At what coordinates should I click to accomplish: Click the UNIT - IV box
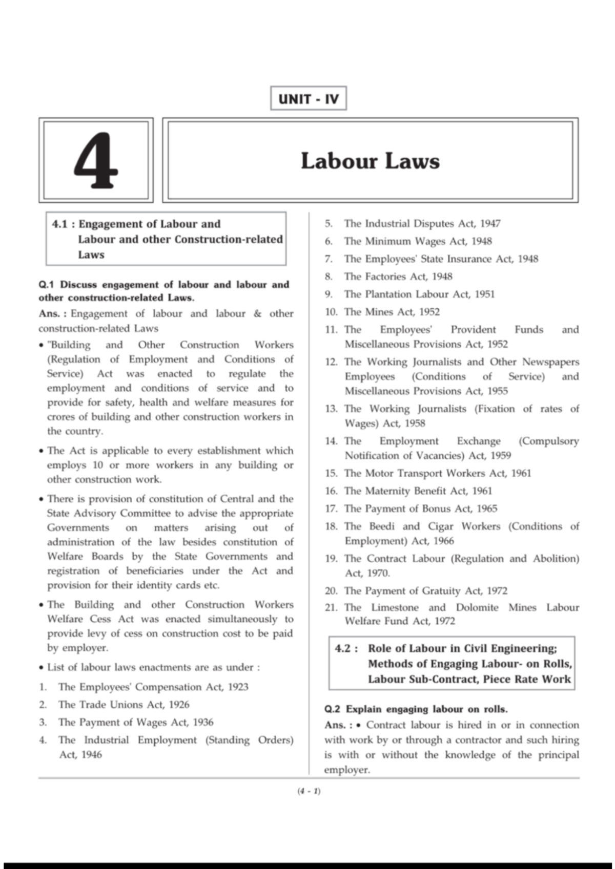[308, 98]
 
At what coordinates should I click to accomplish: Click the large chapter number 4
[96, 161]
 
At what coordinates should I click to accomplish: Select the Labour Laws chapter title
[370, 161]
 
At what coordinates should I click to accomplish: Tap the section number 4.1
[60, 224]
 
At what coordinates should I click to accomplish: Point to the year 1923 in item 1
[238, 687]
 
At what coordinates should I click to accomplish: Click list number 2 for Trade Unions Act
[43, 705]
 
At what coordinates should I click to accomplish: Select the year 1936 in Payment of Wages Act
[203, 723]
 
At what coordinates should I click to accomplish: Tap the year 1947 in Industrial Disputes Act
[490, 224]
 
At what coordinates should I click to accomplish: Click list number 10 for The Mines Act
[331, 312]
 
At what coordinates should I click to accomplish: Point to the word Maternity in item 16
[387, 491]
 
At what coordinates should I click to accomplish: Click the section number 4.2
[343, 649]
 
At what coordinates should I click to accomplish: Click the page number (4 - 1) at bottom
[309, 791]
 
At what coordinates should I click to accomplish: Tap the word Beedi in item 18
[380, 526]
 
